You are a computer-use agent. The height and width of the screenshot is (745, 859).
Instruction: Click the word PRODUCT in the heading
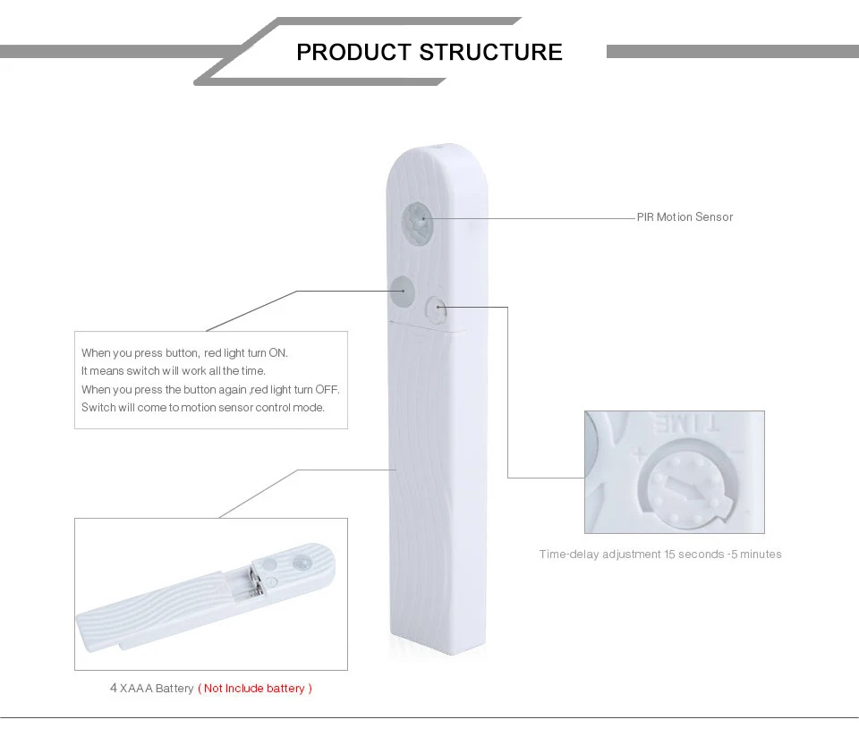[x=354, y=52]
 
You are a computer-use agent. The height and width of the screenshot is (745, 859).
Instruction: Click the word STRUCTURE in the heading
[x=491, y=52]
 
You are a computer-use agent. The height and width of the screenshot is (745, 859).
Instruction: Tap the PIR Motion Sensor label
[x=685, y=216]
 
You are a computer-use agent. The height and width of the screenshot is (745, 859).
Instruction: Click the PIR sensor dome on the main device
[x=417, y=221]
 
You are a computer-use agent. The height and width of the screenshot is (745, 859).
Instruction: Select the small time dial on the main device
[x=436, y=309]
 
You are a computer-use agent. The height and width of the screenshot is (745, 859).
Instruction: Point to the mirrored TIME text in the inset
[x=685, y=424]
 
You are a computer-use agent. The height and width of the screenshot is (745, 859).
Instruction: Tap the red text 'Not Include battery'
[x=255, y=688]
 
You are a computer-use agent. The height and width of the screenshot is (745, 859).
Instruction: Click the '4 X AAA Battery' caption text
[x=152, y=688]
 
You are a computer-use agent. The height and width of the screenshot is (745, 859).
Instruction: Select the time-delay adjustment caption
[x=660, y=554]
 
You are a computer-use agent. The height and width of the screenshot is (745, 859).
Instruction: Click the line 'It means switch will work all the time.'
[x=173, y=370]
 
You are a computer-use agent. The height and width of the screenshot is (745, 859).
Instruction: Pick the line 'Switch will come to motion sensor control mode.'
[x=203, y=407]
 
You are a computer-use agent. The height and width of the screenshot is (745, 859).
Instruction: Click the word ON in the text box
[x=277, y=353]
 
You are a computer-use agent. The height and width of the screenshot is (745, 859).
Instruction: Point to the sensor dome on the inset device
[x=301, y=563]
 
